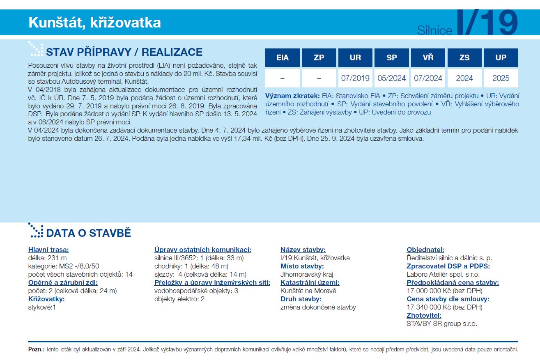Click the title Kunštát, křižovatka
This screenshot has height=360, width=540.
(94, 23)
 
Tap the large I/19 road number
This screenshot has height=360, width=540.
(487, 23)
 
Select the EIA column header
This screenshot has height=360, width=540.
(283, 57)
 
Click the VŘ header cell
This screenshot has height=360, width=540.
(428, 57)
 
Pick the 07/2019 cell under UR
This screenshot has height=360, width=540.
(355, 78)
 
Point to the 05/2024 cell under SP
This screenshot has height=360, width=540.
(391, 78)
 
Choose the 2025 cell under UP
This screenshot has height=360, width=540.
(501, 78)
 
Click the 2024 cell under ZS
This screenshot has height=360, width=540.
(464, 78)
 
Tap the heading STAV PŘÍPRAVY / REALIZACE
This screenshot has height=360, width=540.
(124, 52)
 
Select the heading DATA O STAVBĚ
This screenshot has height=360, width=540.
(88, 233)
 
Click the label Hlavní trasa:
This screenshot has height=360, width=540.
(48, 250)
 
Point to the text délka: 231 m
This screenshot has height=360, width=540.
(47, 258)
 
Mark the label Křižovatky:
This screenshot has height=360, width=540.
(46, 299)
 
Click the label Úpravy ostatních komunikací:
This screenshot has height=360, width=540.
(202, 250)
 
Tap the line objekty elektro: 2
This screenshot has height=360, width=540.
(179, 299)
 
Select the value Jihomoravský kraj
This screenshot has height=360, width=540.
(307, 274)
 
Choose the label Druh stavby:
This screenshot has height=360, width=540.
(301, 299)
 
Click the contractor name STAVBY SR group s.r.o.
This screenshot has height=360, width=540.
(442, 323)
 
